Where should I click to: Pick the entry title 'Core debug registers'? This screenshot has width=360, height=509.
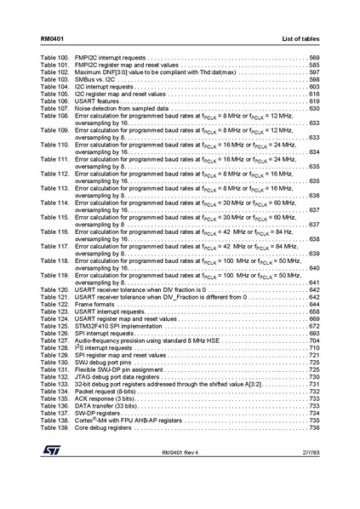coord(104,427)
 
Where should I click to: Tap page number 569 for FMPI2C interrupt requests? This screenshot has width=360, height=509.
coord(313,58)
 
